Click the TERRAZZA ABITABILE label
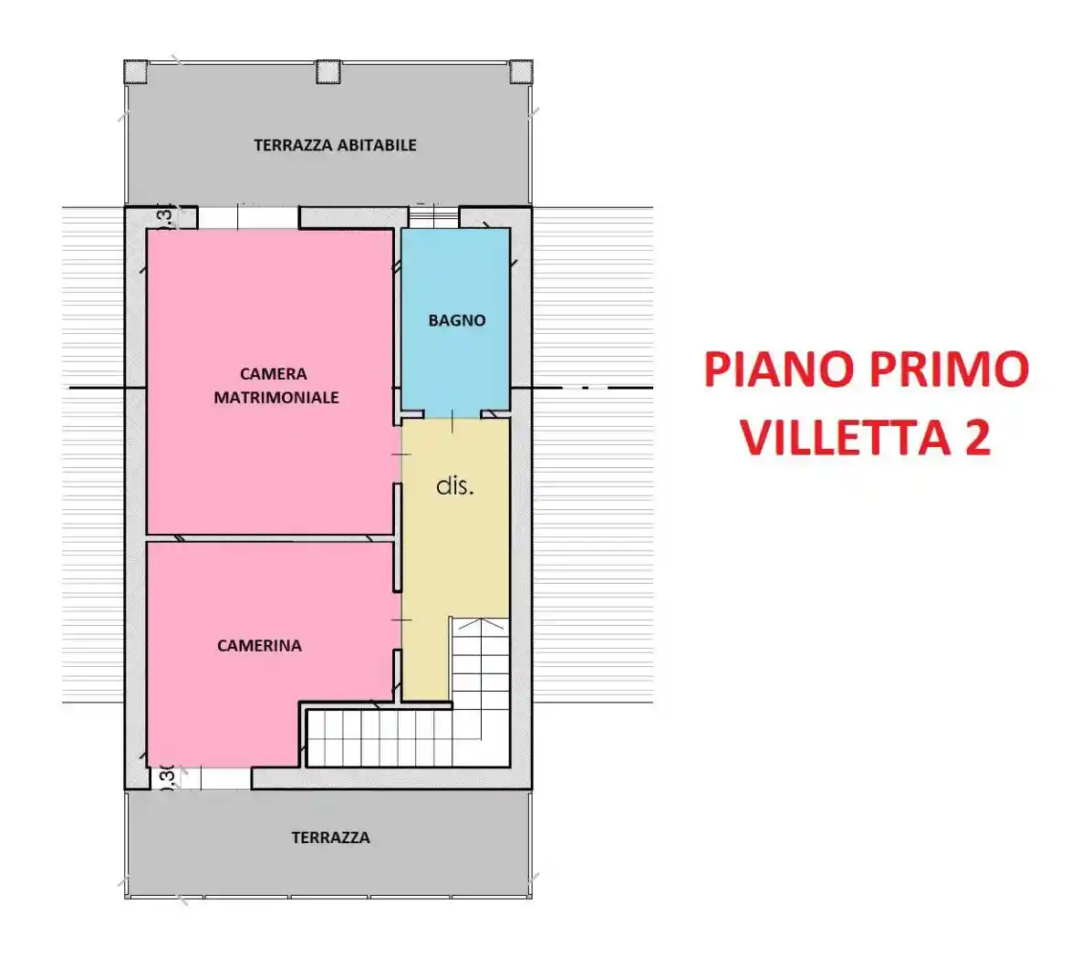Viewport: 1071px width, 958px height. click(x=335, y=145)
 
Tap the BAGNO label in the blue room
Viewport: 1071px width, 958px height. click(x=456, y=320)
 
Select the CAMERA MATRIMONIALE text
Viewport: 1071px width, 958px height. click(x=276, y=386)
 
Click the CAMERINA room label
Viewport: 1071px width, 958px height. click(x=259, y=646)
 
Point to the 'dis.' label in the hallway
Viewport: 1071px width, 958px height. click(x=455, y=486)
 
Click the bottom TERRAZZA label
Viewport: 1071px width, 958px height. click(x=330, y=838)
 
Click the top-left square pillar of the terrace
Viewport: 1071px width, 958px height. click(x=136, y=71)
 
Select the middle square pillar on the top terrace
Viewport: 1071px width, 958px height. click(x=328, y=71)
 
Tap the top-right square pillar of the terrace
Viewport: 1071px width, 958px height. click(x=520, y=71)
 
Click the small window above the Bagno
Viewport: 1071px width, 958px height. click(x=432, y=217)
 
